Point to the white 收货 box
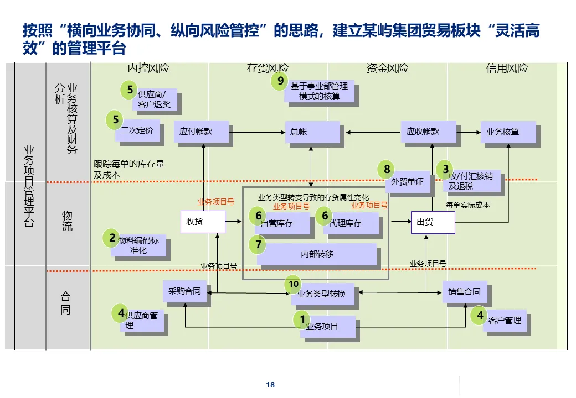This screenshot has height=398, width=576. [x=203, y=222]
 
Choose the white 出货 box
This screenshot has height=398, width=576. [x=433, y=222]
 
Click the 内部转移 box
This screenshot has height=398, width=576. [x=317, y=254]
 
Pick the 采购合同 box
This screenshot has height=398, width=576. [x=185, y=291]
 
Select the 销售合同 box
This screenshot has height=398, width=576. [x=464, y=291]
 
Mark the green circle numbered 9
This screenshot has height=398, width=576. [x=280, y=82]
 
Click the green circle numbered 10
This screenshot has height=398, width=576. [x=294, y=284]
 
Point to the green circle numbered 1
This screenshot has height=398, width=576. [x=302, y=319]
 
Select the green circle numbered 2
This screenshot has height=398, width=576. [x=112, y=238]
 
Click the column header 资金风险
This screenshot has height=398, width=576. [x=387, y=69]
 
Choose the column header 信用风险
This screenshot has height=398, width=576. [x=507, y=69]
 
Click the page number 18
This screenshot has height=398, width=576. [x=270, y=385]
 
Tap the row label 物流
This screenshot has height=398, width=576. [x=67, y=221]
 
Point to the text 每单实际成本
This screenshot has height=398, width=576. [x=467, y=205]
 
